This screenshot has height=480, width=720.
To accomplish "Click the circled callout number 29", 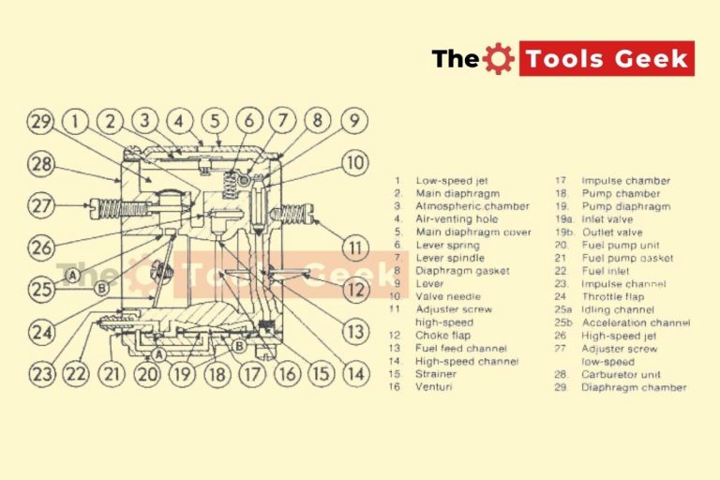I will click(40, 123).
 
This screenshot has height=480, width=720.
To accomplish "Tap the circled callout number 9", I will click(352, 122).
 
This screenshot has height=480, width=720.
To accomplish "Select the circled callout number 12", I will click(353, 291).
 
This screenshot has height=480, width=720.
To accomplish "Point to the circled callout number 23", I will click(41, 374).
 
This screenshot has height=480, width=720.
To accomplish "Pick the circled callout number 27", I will click(40, 205).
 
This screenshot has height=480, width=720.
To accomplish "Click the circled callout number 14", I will click(353, 374).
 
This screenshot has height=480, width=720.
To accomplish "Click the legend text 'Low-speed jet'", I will click(452, 181).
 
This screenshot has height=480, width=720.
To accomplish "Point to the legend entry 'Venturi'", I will click(436, 386).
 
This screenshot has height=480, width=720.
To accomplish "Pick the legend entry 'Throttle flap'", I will click(613, 296).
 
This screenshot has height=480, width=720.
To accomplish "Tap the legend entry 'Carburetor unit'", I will click(621, 373).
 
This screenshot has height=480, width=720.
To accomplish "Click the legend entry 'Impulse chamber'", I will click(625, 181).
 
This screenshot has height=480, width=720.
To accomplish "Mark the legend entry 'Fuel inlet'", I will click(607, 271).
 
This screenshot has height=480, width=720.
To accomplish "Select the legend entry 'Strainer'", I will click(437, 373).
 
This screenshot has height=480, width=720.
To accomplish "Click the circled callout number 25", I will click(40, 290).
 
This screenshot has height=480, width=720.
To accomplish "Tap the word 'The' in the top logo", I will click(456, 59).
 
